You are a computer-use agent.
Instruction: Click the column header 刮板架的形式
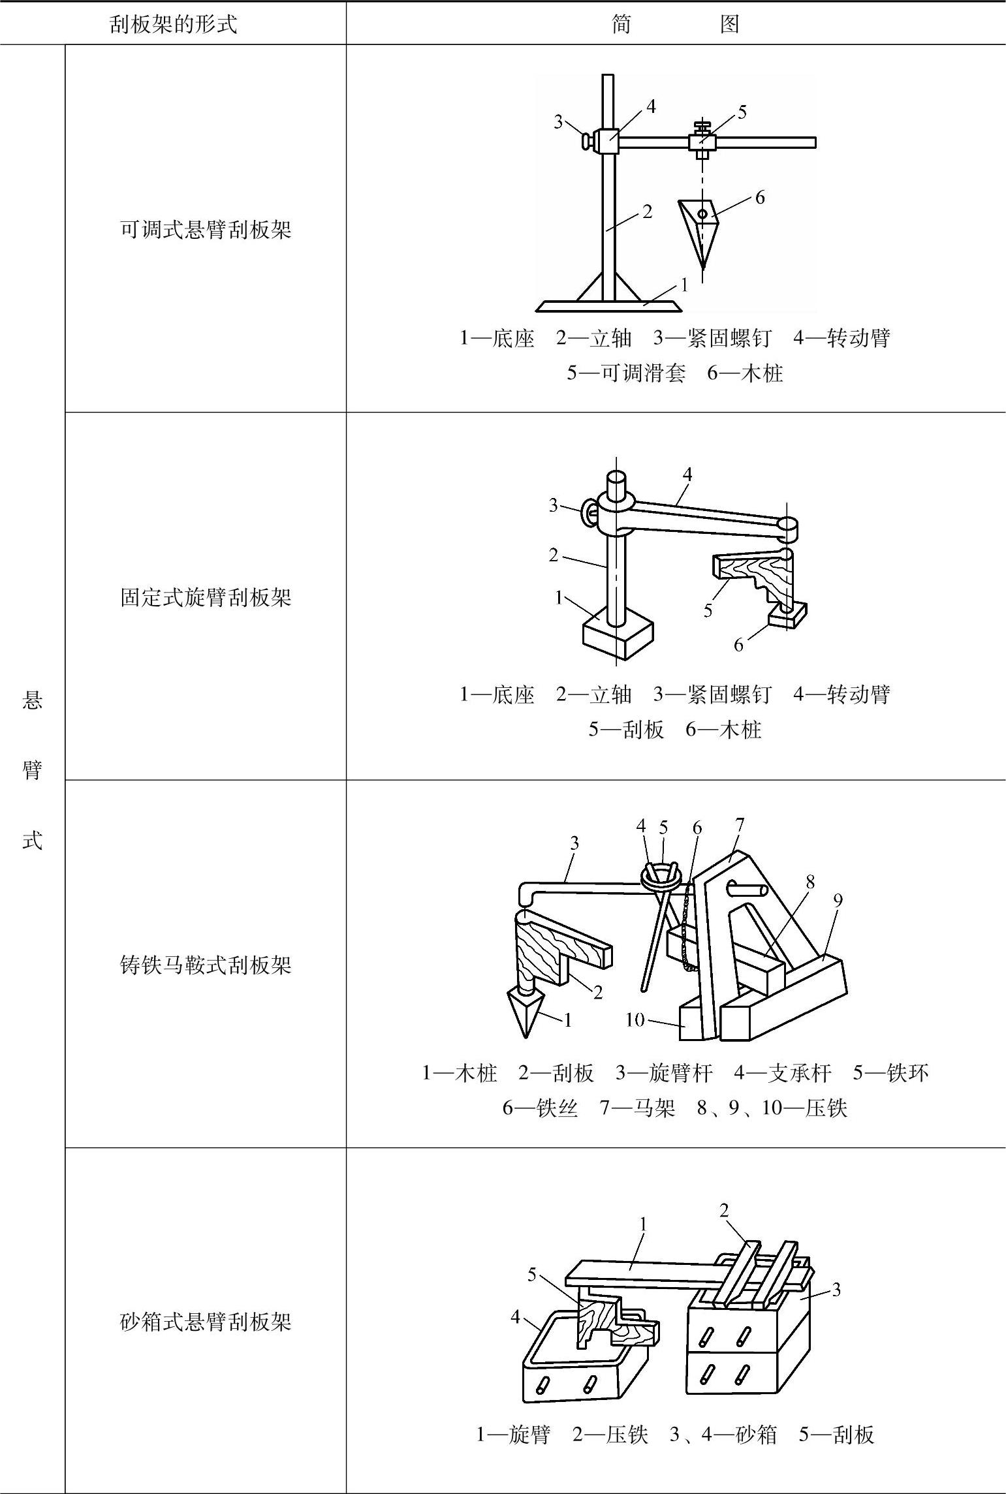click(173, 24)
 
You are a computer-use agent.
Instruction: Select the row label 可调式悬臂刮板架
click(206, 230)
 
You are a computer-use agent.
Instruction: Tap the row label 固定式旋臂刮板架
click(206, 597)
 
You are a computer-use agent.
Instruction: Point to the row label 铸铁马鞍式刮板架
click(206, 965)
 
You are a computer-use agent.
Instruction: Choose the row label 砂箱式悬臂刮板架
click(206, 1322)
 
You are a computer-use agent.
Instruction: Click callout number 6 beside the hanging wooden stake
click(760, 197)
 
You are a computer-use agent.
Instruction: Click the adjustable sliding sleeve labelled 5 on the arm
click(702, 142)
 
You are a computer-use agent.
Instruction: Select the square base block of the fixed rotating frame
click(616, 636)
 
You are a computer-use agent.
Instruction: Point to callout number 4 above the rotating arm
click(687, 474)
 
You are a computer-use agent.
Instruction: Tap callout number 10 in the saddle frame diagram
click(635, 1019)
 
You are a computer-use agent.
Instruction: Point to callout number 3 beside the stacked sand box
click(836, 1289)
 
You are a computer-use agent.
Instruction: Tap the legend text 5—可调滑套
click(626, 373)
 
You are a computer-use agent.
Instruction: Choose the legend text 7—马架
click(637, 1108)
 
